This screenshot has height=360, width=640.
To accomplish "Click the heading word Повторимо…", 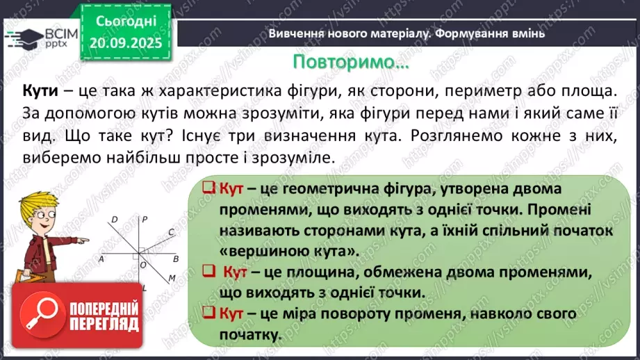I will [350, 62].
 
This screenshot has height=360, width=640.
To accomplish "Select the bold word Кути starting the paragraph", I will [38, 91].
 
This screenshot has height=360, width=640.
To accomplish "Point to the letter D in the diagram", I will [115, 220].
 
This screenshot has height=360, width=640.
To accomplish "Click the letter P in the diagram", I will [144, 220].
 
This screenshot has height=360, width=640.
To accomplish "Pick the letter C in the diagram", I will [172, 233].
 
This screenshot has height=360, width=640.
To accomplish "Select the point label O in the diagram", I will [143, 265].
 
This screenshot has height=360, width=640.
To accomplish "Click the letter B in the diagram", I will [176, 259].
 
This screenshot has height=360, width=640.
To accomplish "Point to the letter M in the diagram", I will [172, 279].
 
